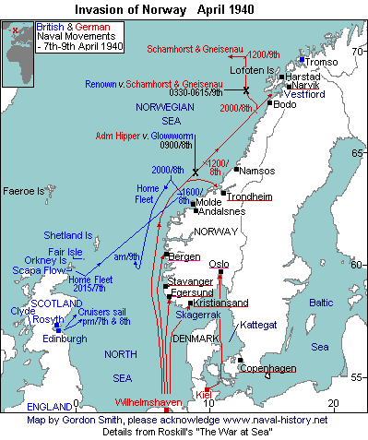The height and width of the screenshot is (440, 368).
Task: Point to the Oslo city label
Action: [219, 263]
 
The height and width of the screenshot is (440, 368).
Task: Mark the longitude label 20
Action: [333, 402]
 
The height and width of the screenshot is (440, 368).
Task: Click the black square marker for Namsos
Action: [237, 170]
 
